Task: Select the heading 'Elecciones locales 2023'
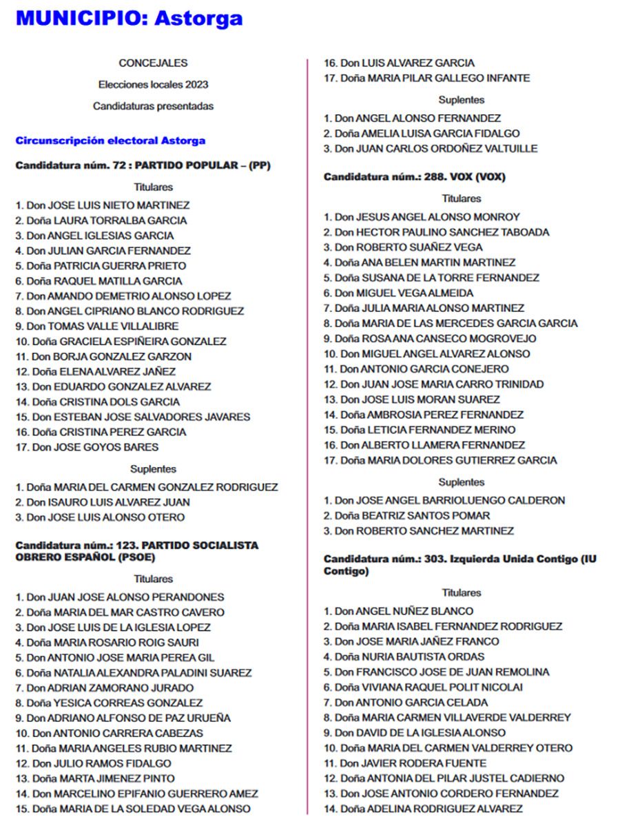[x=153, y=85]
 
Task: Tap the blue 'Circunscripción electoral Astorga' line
[x=110, y=141]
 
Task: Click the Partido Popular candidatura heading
[x=143, y=166]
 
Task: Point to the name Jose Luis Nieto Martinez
[x=103, y=205]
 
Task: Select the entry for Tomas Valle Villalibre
[x=97, y=326]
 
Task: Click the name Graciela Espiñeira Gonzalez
[x=121, y=341]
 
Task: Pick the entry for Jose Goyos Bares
[x=87, y=447]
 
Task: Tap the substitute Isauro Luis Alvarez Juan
[x=103, y=502]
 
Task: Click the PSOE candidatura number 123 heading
[x=136, y=551]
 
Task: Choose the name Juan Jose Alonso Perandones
[x=120, y=597]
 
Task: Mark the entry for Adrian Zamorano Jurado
[x=105, y=687]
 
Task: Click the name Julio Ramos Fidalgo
[x=93, y=763]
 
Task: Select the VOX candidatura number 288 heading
[x=414, y=177]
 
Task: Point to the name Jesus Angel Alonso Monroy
[x=422, y=217]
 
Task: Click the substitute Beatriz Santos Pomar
[x=407, y=515]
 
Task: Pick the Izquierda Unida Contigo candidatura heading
[x=459, y=565]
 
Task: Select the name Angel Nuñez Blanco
[x=399, y=611]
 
